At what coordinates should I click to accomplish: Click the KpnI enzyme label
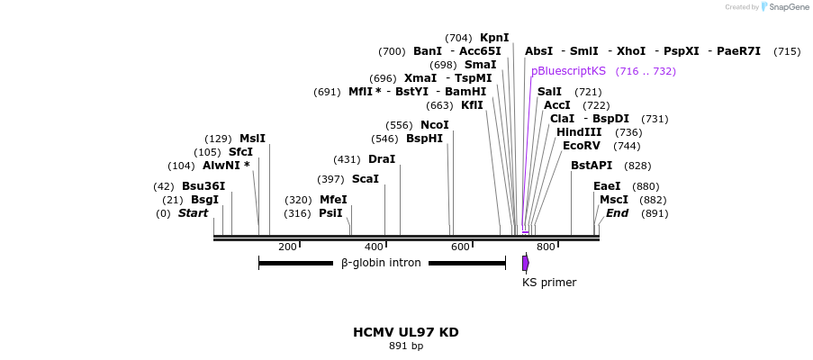(494, 38)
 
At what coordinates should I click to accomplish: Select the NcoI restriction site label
(434, 125)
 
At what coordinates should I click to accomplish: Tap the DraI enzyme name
(382, 159)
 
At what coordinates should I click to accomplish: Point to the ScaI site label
(365, 179)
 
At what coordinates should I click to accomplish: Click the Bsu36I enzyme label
(203, 186)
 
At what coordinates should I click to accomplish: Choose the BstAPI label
(592, 166)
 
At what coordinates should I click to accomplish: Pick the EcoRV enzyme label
(581, 146)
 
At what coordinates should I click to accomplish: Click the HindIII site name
(579, 132)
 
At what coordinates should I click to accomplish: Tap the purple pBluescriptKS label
(568, 71)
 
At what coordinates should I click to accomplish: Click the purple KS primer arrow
(526, 263)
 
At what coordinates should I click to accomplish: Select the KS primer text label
(549, 283)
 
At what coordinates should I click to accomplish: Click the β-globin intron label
(381, 264)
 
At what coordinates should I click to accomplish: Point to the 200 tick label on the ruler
(287, 247)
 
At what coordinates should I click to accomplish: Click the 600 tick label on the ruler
(460, 247)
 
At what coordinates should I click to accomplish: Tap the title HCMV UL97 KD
(406, 332)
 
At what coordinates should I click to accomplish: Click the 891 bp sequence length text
(406, 346)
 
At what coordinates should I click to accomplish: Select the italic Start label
(193, 213)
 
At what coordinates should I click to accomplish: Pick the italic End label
(617, 213)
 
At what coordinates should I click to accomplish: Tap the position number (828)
(637, 166)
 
